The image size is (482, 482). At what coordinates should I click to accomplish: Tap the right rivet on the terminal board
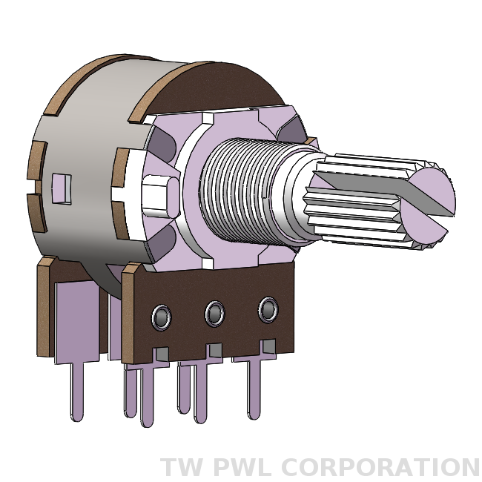click(268, 308)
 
